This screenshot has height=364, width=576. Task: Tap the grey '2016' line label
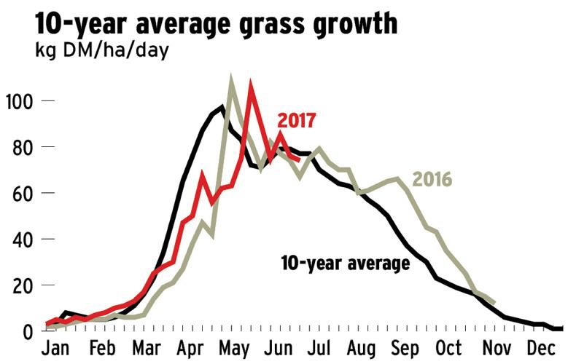coord(432,178)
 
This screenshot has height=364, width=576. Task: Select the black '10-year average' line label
coord(345,263)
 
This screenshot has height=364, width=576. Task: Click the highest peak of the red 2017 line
coord(251,85)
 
